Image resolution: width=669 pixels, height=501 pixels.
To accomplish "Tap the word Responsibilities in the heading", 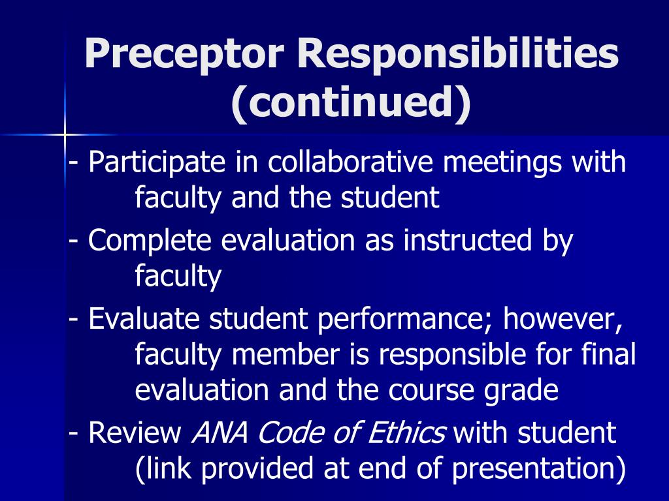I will tap(458, 55).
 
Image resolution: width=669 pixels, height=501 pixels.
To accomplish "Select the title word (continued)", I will tap(351, 102).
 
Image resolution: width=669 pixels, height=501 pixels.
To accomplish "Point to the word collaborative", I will tap(350, 162).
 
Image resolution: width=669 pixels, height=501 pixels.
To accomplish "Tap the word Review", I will tap(135, 433).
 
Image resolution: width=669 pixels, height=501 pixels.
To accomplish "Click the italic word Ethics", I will tap(413, 433).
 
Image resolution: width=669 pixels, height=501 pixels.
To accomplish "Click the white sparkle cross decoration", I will tap(65, 135).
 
